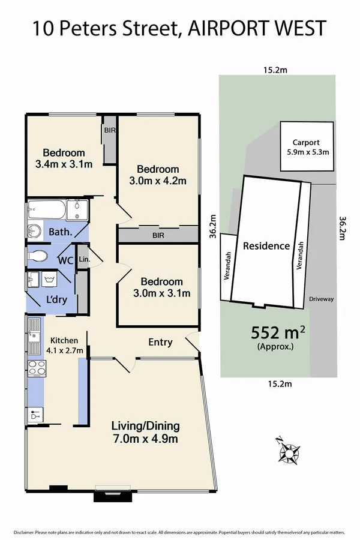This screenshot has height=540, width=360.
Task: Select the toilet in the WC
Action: (38, 256)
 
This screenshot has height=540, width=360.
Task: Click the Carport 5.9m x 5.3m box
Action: (307, 147)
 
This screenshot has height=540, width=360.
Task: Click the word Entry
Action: (160, 342)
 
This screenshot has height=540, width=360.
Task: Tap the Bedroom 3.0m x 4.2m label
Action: (157, 175)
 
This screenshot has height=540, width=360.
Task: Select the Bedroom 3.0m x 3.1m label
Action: (161, 287)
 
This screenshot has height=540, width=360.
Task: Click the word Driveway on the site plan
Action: (321, 298)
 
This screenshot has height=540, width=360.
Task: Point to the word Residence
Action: (266, 245)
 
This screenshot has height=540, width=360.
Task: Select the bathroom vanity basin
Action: (34, 230)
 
